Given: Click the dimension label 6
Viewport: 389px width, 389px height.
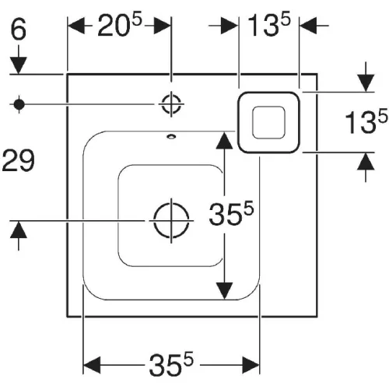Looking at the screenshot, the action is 19,29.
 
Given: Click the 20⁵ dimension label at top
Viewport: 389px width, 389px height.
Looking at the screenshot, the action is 120,24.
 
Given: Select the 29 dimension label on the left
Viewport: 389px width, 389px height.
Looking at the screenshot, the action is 18,160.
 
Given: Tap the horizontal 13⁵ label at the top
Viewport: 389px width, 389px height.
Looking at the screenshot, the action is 269,24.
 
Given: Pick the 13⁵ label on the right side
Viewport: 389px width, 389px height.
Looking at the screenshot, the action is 366,121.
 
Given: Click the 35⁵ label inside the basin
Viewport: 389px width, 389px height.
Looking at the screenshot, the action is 231,214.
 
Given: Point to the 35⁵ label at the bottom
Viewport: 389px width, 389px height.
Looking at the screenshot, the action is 171,364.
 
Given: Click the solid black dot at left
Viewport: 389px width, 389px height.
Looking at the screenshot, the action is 19,104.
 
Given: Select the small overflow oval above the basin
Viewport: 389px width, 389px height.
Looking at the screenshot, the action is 171,136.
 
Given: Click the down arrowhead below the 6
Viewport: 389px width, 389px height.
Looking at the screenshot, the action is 19,65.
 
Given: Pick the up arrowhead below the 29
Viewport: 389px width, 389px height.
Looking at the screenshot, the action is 19,230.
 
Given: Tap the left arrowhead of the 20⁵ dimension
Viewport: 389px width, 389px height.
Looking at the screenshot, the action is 76,26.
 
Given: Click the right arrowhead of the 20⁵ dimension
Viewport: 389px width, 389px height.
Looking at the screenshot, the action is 163,26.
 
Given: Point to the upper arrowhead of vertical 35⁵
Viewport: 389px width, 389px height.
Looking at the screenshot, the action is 225,140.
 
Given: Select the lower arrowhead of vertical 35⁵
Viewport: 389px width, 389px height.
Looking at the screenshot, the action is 225,291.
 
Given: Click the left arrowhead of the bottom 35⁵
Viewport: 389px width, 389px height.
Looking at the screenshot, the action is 92,365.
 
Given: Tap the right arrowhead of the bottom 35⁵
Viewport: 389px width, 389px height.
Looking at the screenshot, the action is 251,365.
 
